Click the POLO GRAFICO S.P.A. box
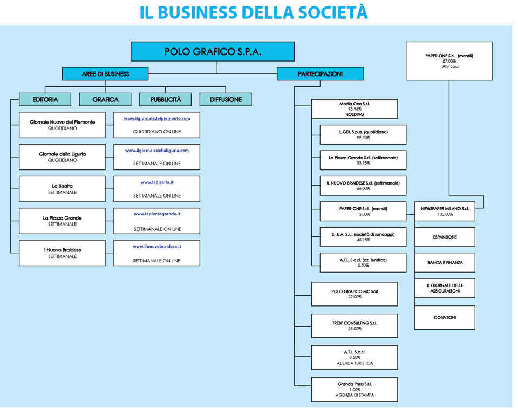(213, 52)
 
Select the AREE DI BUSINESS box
(105, 74)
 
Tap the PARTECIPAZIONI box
(320, 74)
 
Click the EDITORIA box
(45, 99)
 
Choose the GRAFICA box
(105, 99)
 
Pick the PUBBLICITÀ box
(166, 99)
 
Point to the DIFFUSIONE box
(226, 99)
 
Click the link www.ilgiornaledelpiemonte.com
(157, 118)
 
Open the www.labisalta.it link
(157, 183)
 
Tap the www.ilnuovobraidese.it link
(157, 246)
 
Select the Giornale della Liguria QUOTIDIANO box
(62, 157)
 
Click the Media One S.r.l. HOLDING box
(355, 108)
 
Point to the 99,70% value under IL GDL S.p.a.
(363, 138)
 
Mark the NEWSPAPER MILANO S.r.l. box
(445, 211)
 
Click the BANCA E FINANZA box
(445, 263)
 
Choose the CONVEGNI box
(445, 318)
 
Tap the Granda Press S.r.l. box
(355, 389)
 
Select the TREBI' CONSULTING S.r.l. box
(355, 325)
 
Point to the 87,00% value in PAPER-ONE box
(449, 61)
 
